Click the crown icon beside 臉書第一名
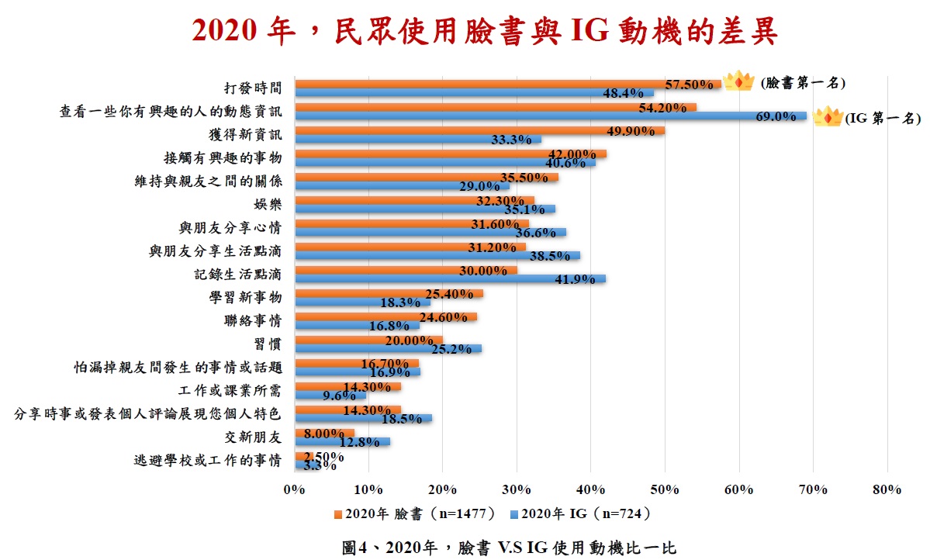tap(738, 81)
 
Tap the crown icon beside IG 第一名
tap(828, 118)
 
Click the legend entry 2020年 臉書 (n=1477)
tap(413, 513)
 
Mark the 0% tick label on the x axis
tap(295, 489)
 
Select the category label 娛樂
tap(267, 205)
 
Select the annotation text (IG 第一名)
tap(882, 118)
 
